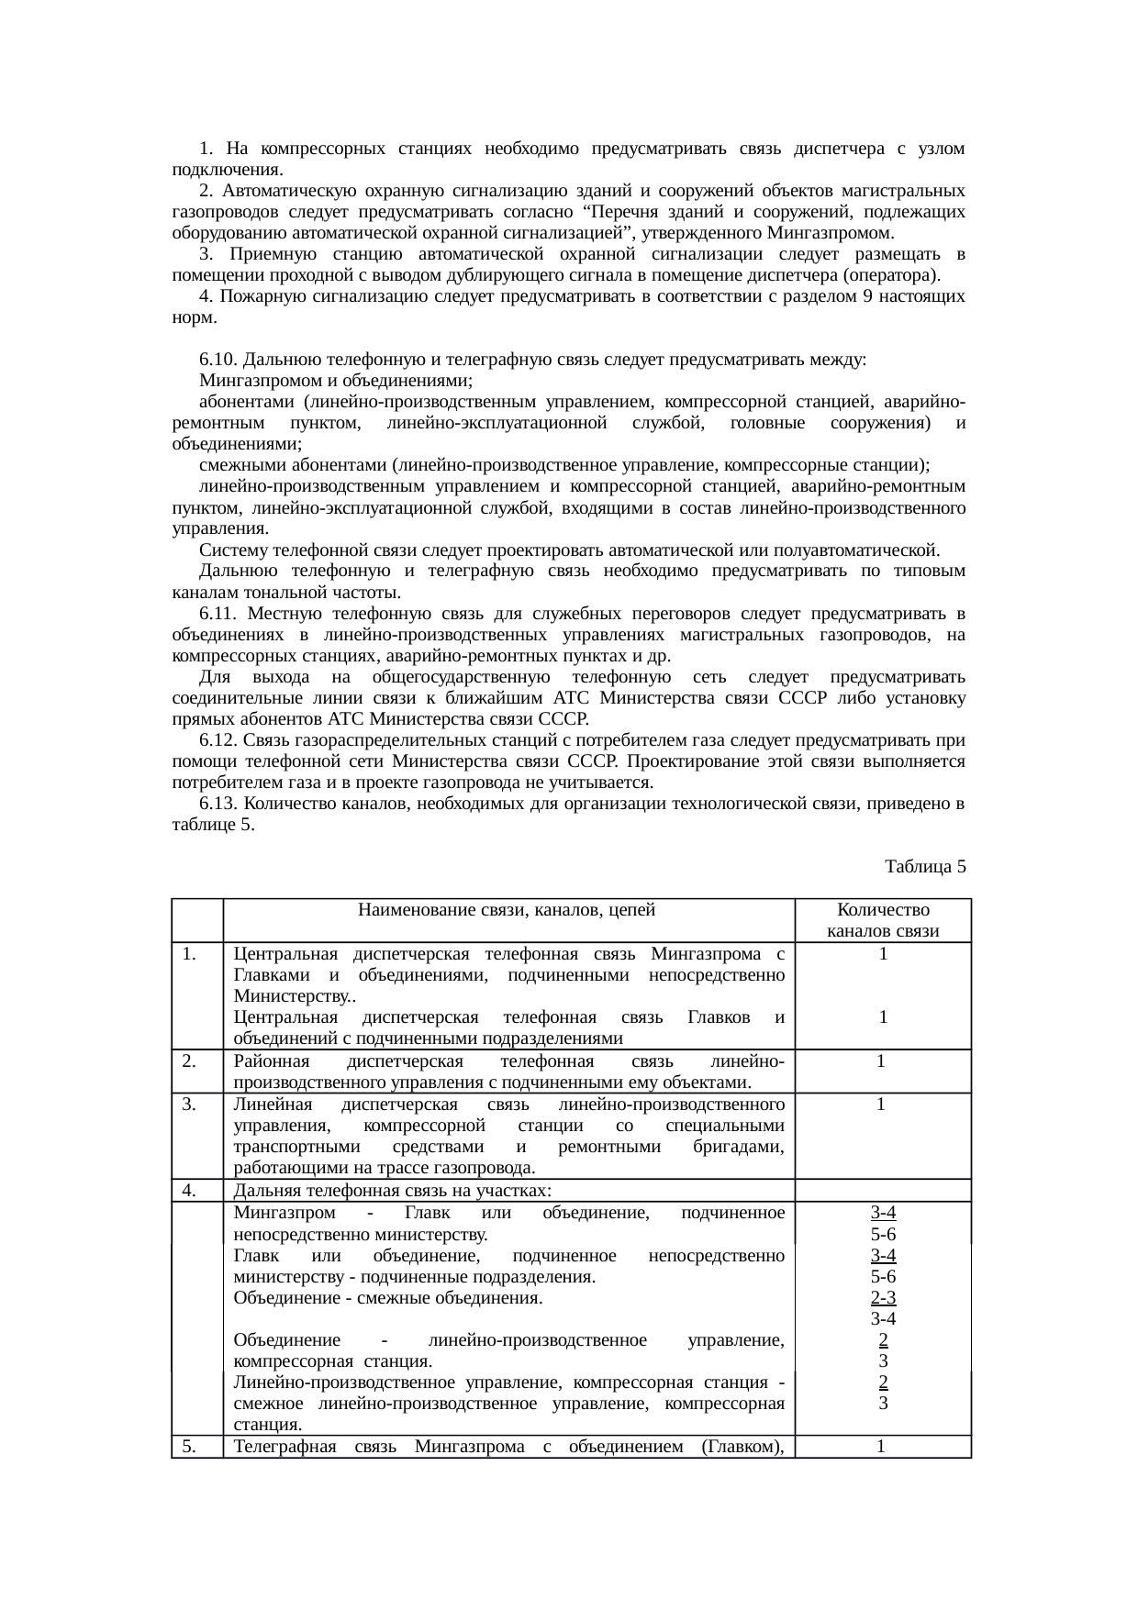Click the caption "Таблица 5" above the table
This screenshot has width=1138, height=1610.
(x=924, y=866)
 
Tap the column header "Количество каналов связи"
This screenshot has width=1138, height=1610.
(x=882, y=921)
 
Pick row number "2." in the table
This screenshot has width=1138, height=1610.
(x=191, y=1061)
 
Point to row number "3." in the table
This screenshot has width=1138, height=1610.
(x=191, y=1105)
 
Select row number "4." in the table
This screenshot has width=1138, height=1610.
(x=191, y=1191)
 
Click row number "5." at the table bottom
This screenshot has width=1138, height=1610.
(x=191, y=1448)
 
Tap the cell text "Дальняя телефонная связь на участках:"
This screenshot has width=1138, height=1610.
(x=392, y=1191)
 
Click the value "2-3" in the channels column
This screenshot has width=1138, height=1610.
(x=883, y=1298)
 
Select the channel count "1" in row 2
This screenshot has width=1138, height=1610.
(x=881, y=1061)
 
